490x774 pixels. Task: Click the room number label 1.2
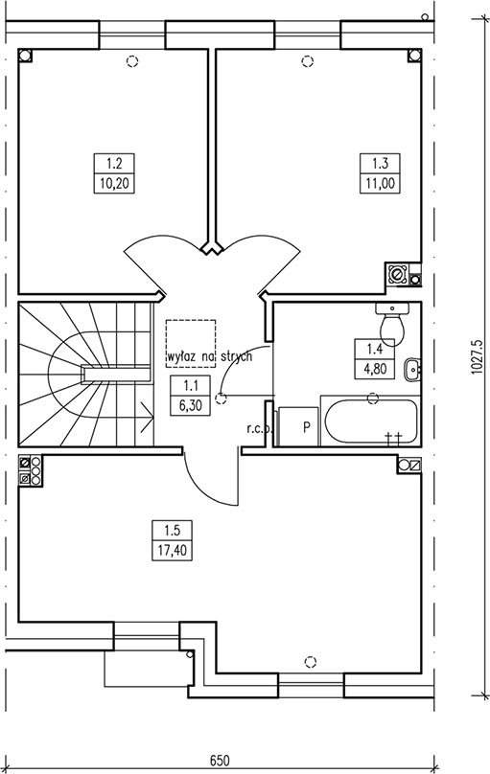pyautogui.click(x=113, y=163)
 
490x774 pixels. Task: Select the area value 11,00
pyautogui.click(x=380, y=183)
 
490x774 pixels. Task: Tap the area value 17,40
pyautogui.click(x=172, y=551)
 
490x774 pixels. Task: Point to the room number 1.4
pyautogui.click(x=374, y=349)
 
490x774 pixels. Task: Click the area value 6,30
pyautogui.click(x=190, y=406)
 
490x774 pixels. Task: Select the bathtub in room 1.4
pyautogui.click(x=370, y=421)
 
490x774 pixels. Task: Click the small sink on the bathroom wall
pyautogui.click(x=412, y=369)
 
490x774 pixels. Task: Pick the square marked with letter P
pyautogui.click(x=298, y=427)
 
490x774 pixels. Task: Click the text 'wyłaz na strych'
pyautogui.click(x=210, y=356)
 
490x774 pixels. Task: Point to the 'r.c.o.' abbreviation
pyautogui.click(x=259, y=428)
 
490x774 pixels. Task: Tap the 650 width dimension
pyautogui.click(x=220, y=761)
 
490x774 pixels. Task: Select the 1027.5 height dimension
pyautogui.click(x=477, y=356)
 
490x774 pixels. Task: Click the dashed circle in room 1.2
pyautogui.click(x=132, y=61)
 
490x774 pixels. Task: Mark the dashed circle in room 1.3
pyautogui.click(x=307, y=61)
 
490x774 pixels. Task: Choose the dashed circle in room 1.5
pyautogui.click(x=310, y=662)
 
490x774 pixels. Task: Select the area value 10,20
pyautogui.click(x=114, y=184)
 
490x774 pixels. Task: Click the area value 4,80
pyautogui.click(x=374, y=369)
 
